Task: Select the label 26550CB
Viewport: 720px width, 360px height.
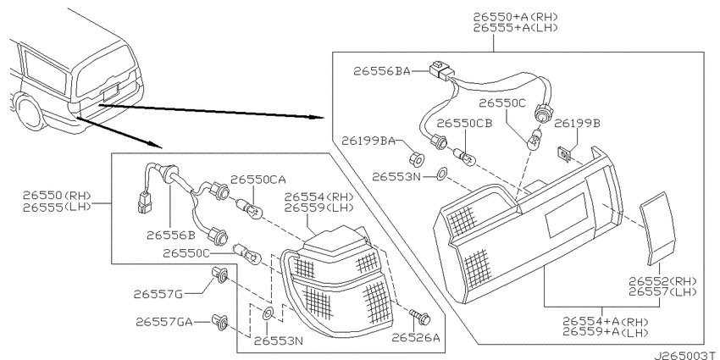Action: [465, 124]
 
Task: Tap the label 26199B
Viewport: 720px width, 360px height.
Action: [577, 124]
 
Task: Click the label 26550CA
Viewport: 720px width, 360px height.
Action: [258, 180]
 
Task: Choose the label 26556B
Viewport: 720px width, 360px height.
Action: [171, 235]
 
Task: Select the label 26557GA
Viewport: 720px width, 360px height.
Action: [164, 322]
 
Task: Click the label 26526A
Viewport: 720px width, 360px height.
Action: [415, 338]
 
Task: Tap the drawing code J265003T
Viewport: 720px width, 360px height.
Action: [686, 356]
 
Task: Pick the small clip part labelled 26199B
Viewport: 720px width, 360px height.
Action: [563, 153]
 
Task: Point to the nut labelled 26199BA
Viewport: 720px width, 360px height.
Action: [417, 159]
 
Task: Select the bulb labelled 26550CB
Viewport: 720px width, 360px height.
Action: [467, 157]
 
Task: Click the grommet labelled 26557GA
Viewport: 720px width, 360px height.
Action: [220, 322]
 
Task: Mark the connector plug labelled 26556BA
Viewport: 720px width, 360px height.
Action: [440, 71]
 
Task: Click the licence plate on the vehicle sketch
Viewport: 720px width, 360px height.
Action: [111, 92]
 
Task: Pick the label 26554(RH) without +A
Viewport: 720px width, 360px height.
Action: [318, 197]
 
